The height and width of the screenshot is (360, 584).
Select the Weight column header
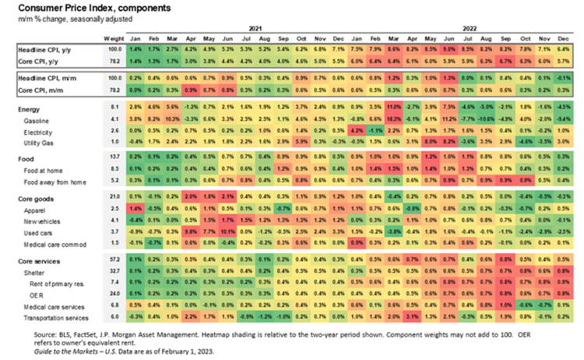(113, 37)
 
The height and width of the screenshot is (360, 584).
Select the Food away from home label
(54, 180)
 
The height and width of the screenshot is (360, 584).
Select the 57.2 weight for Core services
(114, 257)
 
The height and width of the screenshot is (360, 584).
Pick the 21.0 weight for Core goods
(114, 196)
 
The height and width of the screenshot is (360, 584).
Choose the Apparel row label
(36, 210)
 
